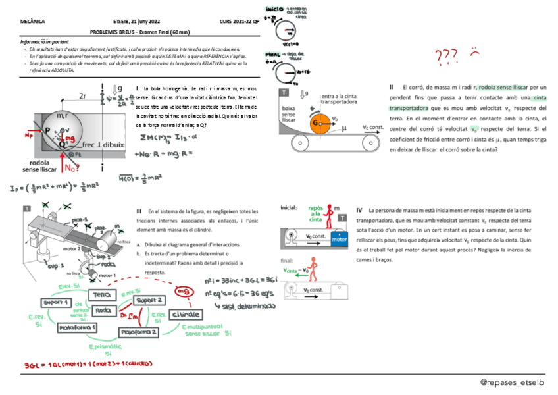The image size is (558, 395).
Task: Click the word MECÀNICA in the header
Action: click(x=34, y=22)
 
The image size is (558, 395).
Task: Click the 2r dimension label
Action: click(x=83, y=96)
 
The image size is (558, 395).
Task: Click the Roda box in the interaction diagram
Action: click(x=103, y=310)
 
